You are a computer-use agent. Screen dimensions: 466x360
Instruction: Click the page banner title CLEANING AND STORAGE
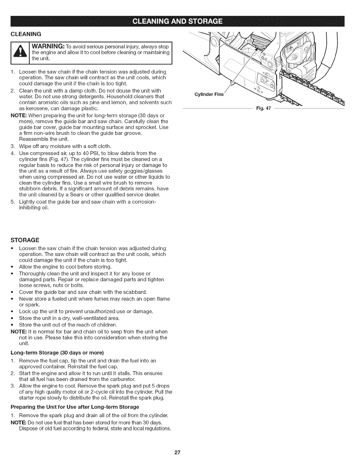(180, 21)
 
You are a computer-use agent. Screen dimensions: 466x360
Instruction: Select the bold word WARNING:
(48, 46)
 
